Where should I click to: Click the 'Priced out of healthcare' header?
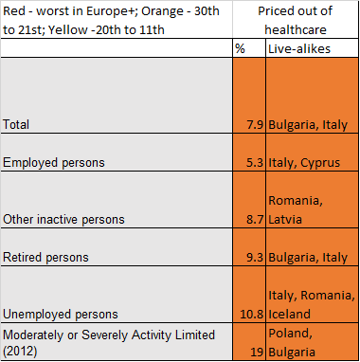[x=296, y=20]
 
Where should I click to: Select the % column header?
[x=240, y=48]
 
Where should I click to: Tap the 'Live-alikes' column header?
[x=299, y=48]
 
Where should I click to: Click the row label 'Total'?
[x=16, y=124]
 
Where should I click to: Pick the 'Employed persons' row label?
[x=54, y=163]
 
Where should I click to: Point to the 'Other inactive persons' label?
[x=63, y=220]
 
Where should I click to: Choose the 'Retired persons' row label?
[x=45, y=258]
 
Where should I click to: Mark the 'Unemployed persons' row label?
[x=61, y=315]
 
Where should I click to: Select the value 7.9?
[x=255, y=125]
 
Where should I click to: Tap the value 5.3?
[x=255, y=163]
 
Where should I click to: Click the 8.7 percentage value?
[x=255, y=220]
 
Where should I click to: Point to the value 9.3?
[x=255, y=258]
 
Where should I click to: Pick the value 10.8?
[x=252, y=315]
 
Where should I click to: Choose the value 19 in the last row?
[x=258, y=353]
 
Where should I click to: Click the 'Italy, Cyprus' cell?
[x=304, y=163]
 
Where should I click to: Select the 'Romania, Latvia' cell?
[x=296, y=210]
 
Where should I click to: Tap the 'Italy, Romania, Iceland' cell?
[x=312, y=305]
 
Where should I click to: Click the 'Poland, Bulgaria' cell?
[x=292, y=343]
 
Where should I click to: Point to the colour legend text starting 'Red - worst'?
[x=111, y=20]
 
